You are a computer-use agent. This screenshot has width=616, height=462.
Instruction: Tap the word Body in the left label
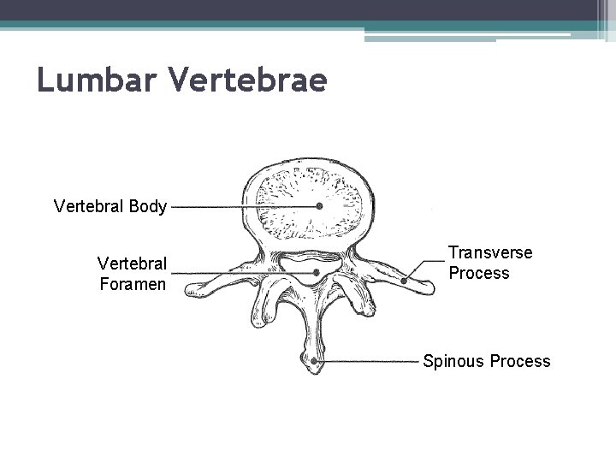click(149, 206)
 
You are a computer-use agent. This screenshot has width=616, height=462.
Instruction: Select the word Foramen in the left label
click(133, 282)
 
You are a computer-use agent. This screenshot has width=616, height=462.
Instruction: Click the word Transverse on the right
click(490, 253)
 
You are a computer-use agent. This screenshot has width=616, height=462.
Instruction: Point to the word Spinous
click(453, 361)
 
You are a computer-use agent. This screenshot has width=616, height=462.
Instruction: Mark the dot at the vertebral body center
click(319, 206)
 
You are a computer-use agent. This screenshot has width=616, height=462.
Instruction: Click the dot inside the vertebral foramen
click(317, 273)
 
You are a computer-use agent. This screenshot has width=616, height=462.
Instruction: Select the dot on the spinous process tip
click(315, 362)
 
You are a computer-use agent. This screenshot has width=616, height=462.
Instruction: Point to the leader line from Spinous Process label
click(368, 362)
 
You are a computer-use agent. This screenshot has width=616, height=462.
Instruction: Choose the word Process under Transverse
click(478, 274)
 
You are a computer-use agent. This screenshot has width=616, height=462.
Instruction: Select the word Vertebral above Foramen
click(133, 262)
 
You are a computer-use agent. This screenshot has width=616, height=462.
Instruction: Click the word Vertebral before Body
click(91, 206)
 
